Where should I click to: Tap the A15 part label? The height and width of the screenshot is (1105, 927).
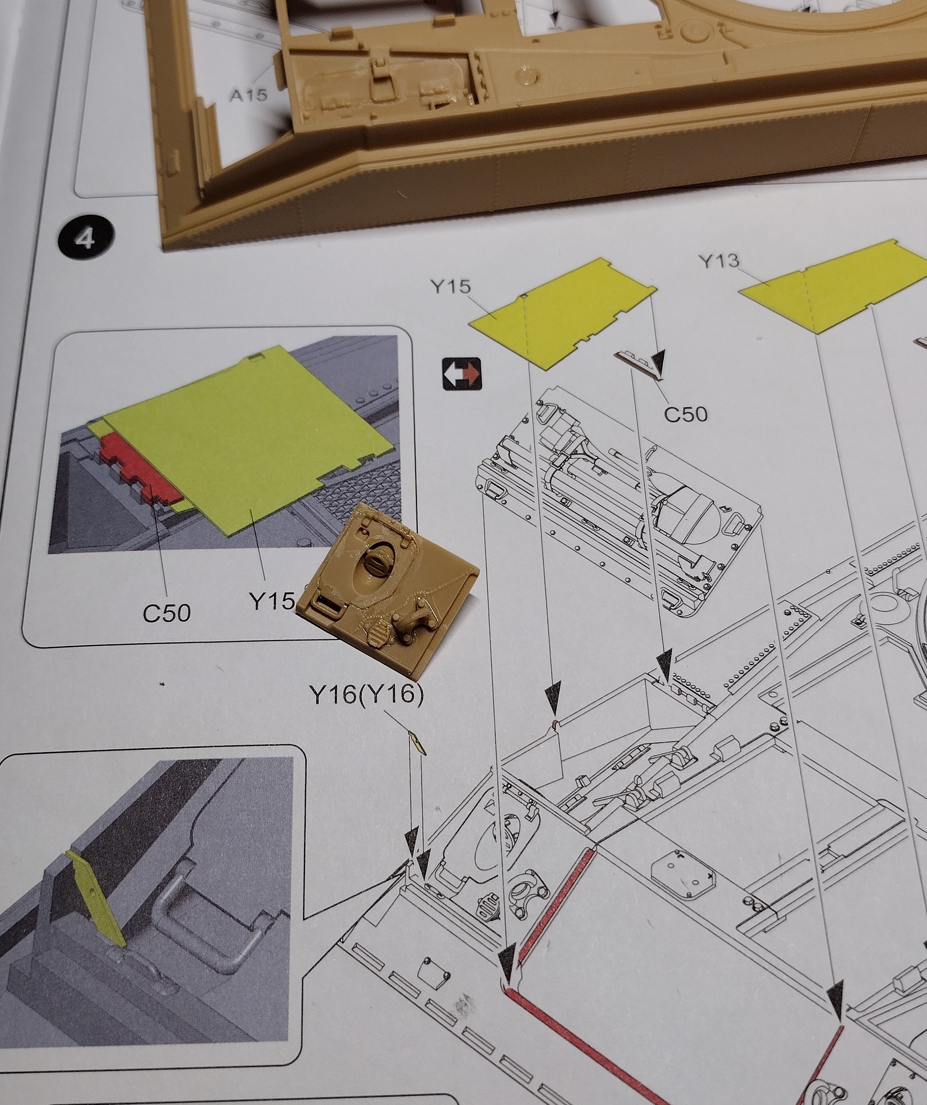(248, 95)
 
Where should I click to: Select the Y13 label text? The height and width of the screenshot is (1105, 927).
(719, 261)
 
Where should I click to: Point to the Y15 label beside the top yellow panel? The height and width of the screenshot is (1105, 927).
(451, 287)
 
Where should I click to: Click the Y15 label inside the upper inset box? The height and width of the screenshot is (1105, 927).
(272, 601)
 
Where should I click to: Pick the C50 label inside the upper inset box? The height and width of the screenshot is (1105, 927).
(166, 613)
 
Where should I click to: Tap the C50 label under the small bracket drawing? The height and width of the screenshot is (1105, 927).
(685, 414)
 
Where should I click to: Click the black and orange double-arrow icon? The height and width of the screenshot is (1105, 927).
(462, 374)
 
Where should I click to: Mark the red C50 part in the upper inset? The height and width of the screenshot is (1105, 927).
(138, 468)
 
